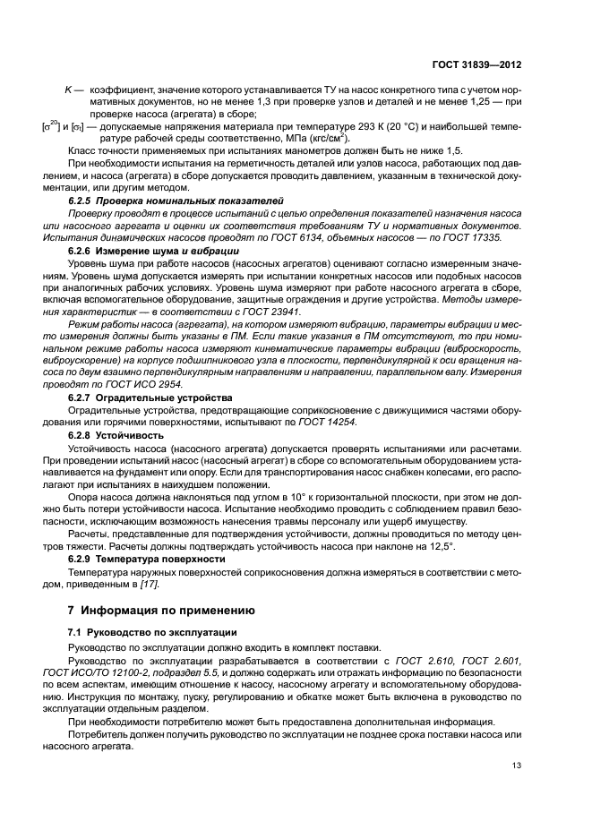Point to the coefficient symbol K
67,90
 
